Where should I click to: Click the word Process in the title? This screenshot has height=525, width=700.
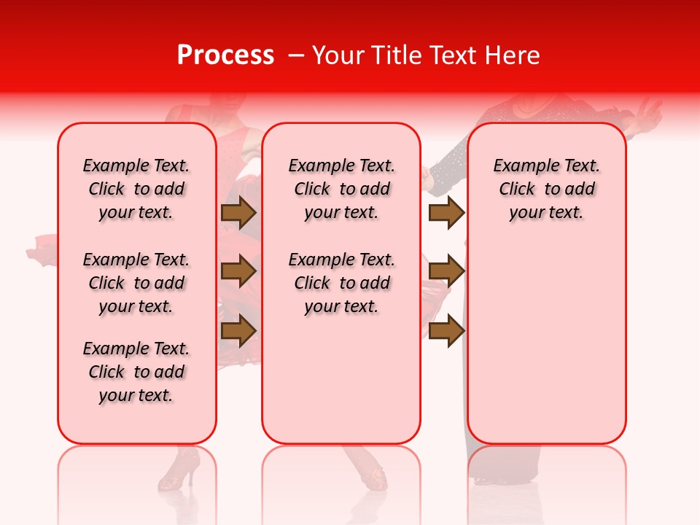[225, 55]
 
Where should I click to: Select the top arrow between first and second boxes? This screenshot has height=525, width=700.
[238, 212]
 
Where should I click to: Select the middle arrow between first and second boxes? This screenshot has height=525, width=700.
[238, 271]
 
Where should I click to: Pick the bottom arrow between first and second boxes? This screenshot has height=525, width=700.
[238, 330]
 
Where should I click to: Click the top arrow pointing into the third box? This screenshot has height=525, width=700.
[446, 212]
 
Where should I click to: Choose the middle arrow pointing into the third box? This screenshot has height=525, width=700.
[446, 271]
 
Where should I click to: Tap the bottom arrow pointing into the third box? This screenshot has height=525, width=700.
[446, 330]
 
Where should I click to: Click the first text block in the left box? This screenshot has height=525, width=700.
[136, 189]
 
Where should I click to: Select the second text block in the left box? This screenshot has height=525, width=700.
[136, 283]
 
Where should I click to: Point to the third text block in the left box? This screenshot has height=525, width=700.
[136, 372]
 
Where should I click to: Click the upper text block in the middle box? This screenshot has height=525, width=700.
[341, 189]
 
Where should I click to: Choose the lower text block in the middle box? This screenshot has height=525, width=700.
[341, 283]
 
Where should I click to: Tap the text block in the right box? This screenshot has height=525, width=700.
[546, 189]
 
